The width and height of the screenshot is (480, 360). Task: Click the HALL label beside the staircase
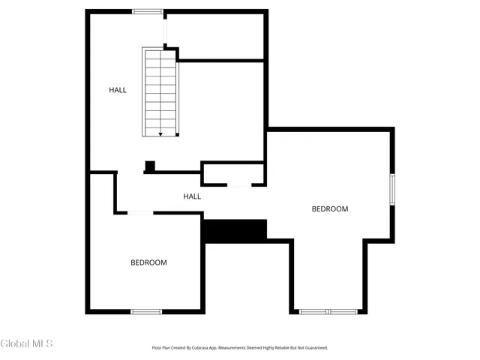click(118, 90)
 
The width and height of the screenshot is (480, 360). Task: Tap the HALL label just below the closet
click(192, 196)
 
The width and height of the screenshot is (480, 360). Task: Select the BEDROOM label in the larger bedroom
click(330, 209)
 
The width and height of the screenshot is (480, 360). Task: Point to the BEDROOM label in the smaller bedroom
click(148, 262)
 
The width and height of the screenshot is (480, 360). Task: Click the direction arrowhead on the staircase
click(160, 133)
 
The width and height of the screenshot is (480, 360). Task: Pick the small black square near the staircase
click(149, 166)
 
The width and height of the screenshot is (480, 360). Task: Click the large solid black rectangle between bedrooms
click(235, 230)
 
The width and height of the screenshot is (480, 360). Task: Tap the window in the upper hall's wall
click(148, 11)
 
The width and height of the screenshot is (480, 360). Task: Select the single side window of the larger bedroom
click(391, 189)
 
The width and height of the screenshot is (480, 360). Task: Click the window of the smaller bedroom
click(147, 311)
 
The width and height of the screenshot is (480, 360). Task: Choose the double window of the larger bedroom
click(328, 311)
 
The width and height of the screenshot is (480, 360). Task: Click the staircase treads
click(160, 91)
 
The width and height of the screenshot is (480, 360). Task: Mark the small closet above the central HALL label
click(232, 173)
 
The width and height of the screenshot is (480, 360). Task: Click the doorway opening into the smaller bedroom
click(141, 214)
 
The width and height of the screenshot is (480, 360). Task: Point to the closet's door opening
click(238, 184)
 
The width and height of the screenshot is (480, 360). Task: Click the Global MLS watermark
click(27, 344)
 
